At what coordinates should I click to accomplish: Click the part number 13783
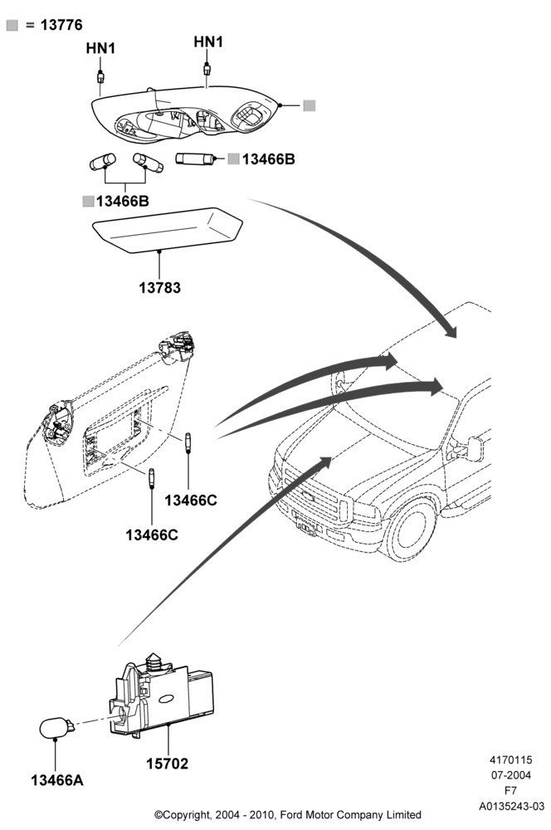coord(160,288)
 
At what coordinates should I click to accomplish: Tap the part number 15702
coord(168,764)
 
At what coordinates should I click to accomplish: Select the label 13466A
coord(57,780)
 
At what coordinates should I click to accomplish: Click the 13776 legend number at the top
coord(61,25)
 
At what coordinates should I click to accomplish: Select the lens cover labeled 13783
coord(168,230)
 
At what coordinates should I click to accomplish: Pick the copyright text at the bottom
coord(287,815)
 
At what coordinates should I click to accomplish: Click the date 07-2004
coord(511,775)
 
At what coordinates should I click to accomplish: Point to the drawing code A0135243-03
coord(511,806)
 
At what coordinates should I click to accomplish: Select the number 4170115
coord(511,759)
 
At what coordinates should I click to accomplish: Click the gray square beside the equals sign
coord(12,26)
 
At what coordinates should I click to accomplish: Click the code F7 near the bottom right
coord(511,791)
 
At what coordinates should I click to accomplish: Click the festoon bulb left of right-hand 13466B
coord(195,159)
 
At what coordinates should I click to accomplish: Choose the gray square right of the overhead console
coord(310,105)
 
